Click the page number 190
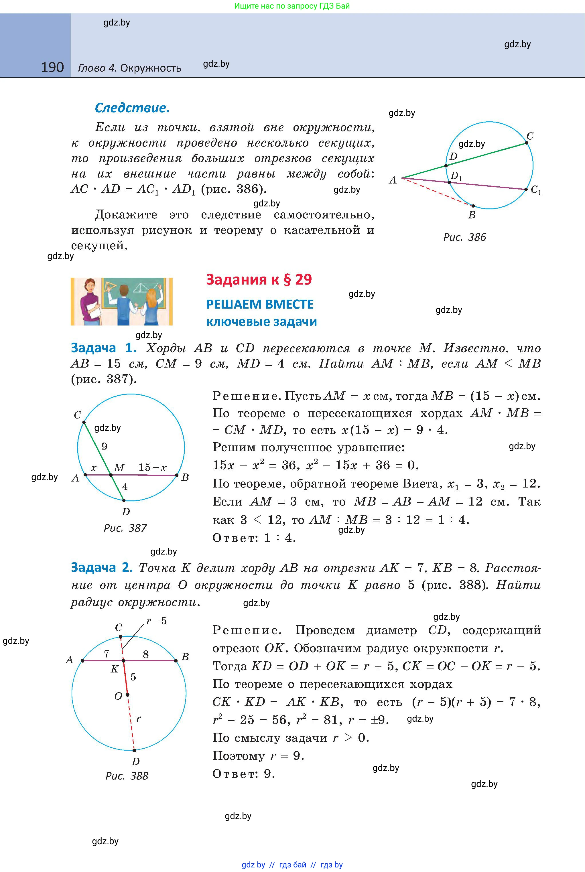52,67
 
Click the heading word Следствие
132,108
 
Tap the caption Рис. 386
464,237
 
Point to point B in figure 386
473,206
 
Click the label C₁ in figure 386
536,190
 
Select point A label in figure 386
393,180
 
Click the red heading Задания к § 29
259,279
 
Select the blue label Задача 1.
103,348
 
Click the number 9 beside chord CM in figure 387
105,446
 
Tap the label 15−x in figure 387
152,467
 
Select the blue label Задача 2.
102,567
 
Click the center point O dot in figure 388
127,695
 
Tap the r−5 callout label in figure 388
156,621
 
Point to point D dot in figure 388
134,750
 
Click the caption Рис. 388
127,776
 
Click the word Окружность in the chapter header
151,68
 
